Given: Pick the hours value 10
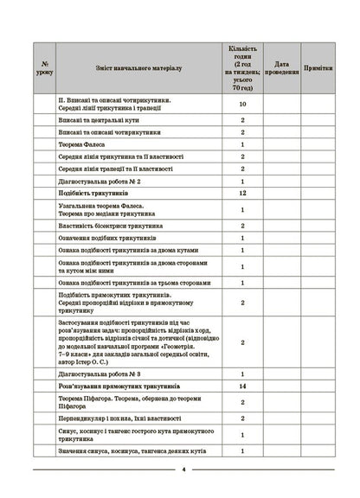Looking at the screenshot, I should point(242,104).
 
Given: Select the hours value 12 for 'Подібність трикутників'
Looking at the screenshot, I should point(242,195).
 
